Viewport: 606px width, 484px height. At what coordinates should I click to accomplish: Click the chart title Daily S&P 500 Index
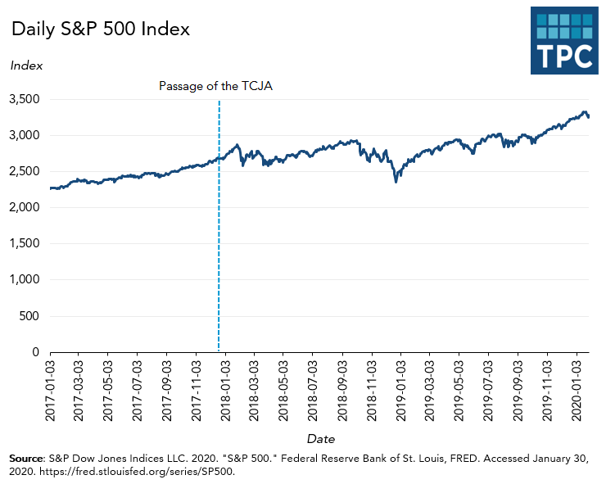(100, 29)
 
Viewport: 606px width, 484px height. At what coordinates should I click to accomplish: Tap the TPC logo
(564, 41)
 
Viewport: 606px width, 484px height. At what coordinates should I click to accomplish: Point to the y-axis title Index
(26, 66)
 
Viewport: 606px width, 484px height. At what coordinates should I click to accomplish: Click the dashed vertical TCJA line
(219, 246)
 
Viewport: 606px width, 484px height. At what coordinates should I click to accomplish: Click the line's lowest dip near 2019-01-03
(396, 181)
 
